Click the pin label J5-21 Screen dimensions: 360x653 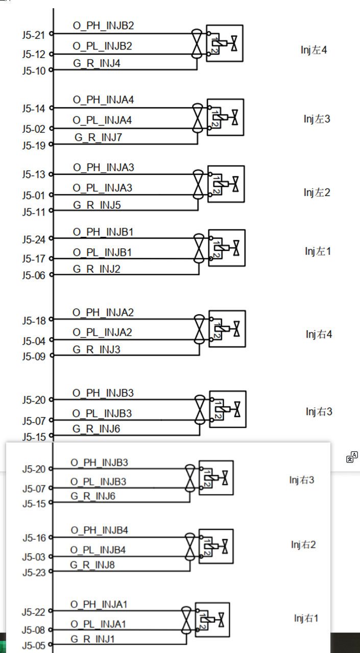pyautogui.click(x=34, y=35)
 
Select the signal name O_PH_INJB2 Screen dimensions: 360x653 pyautogui.click(x=103, y=26)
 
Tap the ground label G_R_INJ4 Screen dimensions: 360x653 pyautogui.click(x=97, y=63)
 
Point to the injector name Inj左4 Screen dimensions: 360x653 pyautogui.click(x=314, y=50)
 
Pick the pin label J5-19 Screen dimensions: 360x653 pyautogui.click(x=34, y=146)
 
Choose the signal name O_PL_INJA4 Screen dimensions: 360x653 pyautogui.click(x=102, y=120)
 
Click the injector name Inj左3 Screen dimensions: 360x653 pyautogui.click(x=317, y=119)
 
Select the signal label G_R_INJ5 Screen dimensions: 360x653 pyautogui.click(x=97, y=205)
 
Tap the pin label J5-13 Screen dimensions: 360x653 pyautogui.click(x=34, y=175)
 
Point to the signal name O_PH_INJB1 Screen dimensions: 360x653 pyautogui.click(x=103, y=232)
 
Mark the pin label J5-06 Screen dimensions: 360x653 pyautogui.click(x=34, y=275)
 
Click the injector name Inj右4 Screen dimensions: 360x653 pyautogui.click(x=319, y=334)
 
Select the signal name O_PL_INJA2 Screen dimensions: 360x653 pyautogui.click(x=102, y=332)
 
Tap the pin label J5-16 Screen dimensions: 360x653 pyautogui.click(x=34, y=538)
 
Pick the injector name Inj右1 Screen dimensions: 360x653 pyautogui.click(x=306, y=618)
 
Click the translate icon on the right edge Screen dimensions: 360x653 pyautogui.click(x=352, y=457)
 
